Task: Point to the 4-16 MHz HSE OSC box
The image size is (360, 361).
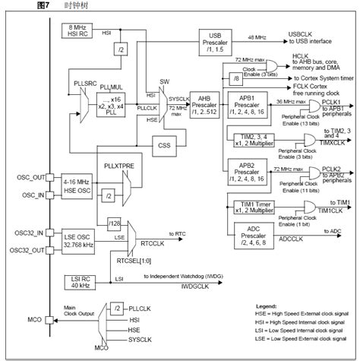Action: (x=77, y=186)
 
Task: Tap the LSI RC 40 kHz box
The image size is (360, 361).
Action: (x=77, y=281)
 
